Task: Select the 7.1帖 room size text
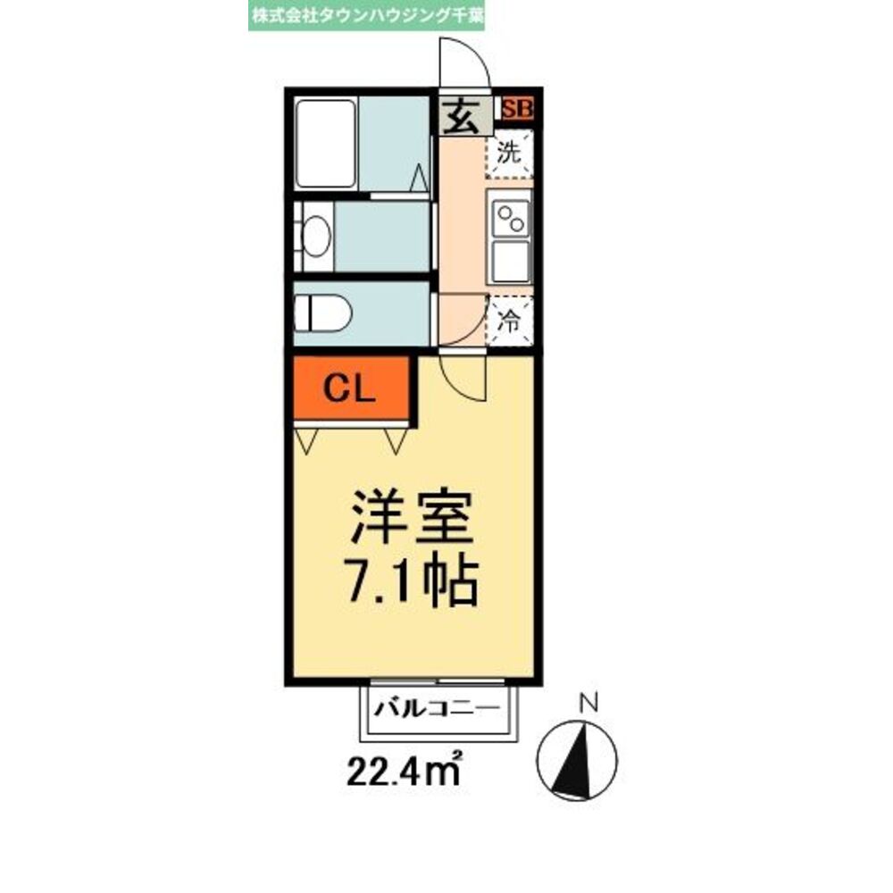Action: (x=411, y=582)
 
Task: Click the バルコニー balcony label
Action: (x=435, y=710)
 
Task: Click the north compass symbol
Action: (x=577, y=760)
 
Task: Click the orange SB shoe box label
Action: (x=517, y=110)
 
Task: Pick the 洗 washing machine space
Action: (x=509, y=153)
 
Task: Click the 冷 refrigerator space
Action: (x=509, y=321)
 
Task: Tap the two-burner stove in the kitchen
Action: (x=510, y=217)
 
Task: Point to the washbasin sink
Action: (x=315, y=236)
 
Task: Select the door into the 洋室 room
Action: (x=464, y=375)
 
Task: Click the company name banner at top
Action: (x=367, y=16)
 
